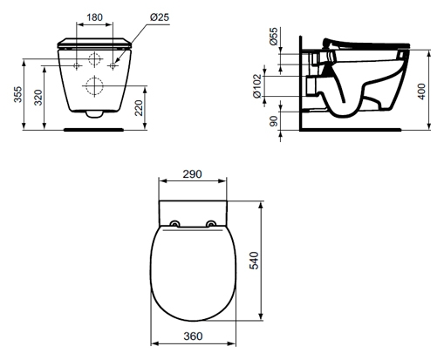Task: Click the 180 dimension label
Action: click(95, 17)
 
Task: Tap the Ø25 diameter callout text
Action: click(160, 17)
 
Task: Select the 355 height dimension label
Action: click(18, 94)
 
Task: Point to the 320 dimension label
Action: click(38, 98)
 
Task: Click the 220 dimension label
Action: click(139, 108)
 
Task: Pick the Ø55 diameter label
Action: click(274, 37)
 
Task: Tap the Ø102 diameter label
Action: click(257, 86)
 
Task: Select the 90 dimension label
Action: click(274, 121)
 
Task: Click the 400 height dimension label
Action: click(421, 92)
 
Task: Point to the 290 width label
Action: click(192, 174)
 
